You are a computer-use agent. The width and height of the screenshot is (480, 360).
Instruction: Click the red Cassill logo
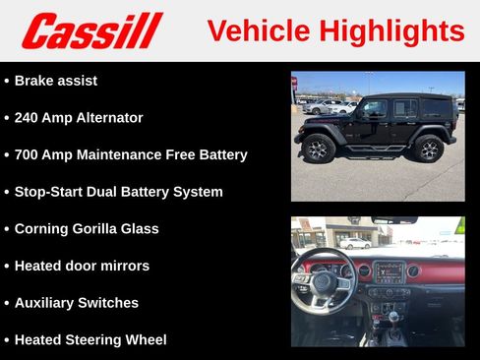[x=91, y=30]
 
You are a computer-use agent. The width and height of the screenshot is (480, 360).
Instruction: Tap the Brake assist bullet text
[x=56, y=81]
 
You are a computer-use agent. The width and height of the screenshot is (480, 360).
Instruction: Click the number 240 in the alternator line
[x=28, y=118]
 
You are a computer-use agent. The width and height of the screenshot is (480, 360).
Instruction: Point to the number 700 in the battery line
[x=28, y=154]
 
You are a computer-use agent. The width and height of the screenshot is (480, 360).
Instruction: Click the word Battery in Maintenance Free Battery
[x=221, y=154]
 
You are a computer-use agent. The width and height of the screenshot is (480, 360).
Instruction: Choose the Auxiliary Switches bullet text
[x=77, y=303]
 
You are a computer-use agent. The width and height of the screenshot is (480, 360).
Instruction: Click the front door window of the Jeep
[x=375, y=108]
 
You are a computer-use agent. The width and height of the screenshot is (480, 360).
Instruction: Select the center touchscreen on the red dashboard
[x=389, y=271]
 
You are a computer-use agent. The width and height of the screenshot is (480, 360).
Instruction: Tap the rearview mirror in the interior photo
[x=394, y=220]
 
